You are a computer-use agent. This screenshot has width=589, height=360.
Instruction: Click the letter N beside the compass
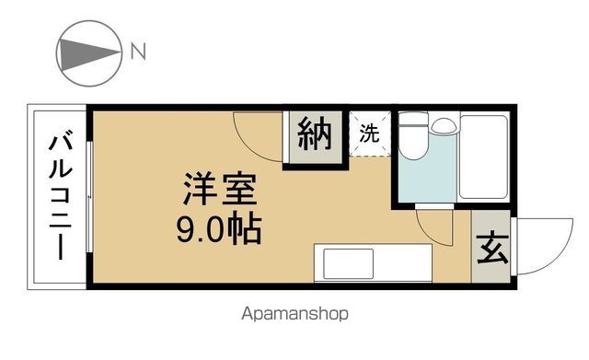[138, 52]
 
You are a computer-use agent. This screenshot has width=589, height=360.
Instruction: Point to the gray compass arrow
[89, 53]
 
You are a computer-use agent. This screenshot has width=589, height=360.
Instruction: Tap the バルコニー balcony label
[60, 194]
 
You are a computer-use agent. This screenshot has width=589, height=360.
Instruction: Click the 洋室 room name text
[220, 188]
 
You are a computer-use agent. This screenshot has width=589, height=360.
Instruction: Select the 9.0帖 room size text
[219, 228]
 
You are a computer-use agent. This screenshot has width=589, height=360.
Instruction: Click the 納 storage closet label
[315, 134]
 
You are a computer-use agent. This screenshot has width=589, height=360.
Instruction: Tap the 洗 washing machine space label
[369, 133]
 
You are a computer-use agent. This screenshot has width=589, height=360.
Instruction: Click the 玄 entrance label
[492, 249]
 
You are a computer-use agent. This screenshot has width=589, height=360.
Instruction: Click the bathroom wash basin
[444, 125]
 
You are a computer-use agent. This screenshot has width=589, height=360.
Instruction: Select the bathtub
[484, 157]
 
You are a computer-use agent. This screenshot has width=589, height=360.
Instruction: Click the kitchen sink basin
[348, 263]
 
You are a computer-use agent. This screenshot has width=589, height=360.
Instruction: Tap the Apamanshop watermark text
[294, 314]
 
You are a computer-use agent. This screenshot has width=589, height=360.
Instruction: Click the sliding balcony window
[89, 197]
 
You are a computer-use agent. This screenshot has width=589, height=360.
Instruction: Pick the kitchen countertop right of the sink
[403, 263]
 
